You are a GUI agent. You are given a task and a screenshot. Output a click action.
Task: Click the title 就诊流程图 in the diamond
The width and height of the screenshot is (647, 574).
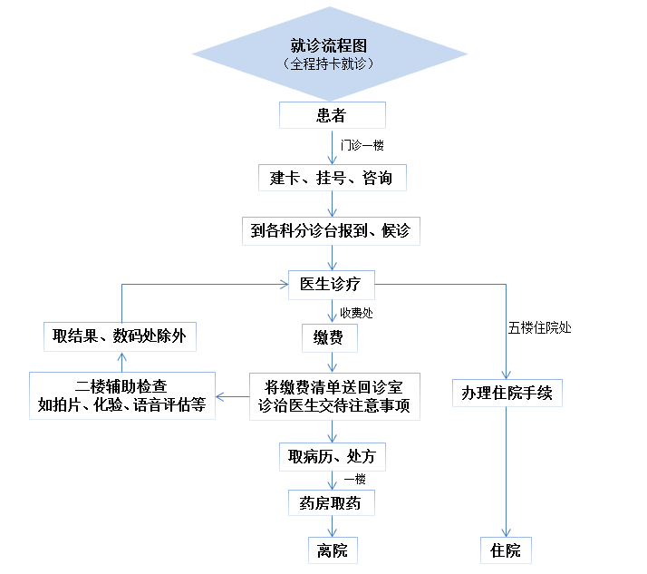pyautogui.click(x=330, y=45)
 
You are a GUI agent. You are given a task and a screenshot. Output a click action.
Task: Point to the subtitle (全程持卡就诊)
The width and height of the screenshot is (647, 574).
pyautogui.click(x=330, y=64)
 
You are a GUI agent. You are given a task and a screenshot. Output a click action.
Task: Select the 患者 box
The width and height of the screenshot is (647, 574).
pyautogui.click(x=332, y=115)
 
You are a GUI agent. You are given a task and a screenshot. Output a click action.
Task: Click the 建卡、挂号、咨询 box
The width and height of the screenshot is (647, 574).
pyautogui.click(x=332, y=177)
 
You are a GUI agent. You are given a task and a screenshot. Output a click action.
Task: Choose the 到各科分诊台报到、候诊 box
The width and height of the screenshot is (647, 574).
pyautogui.click(x=331, y=230)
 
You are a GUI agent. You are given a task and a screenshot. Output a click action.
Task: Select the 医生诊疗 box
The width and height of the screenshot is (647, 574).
pyautogui.click(x=331, y=284)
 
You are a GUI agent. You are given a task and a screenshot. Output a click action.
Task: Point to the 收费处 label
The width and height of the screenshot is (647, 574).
pyautogui.click(x=356, y=313)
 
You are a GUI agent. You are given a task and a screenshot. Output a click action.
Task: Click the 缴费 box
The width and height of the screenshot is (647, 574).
pyautogui.click(x=330, y=338)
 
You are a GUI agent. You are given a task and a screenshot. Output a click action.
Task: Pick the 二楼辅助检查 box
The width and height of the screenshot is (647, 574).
pyautogui.click(x=121, y=395)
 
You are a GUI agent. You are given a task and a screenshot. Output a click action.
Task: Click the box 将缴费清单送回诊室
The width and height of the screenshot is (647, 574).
pyautogui.click(x=335, y=395)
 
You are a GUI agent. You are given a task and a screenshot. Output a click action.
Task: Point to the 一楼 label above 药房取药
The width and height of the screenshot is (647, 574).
pyautogui.click(x=354, y=480)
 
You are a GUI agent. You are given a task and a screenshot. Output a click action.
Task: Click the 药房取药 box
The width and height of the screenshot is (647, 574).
pyautogui.click(x=330, y=502)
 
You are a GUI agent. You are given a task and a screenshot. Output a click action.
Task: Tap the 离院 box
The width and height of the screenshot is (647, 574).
pyautogui.click(x=332, y=550)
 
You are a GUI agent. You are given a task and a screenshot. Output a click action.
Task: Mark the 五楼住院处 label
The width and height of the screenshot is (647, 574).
pyautogui.click(x=540, y=327)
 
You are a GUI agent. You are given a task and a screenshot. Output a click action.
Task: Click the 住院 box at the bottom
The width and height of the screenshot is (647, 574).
pyautogui.click(x=506, y=550)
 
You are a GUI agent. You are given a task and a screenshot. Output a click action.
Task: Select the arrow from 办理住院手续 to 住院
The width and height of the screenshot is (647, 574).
pyautogui.click(x=506, y=472)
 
